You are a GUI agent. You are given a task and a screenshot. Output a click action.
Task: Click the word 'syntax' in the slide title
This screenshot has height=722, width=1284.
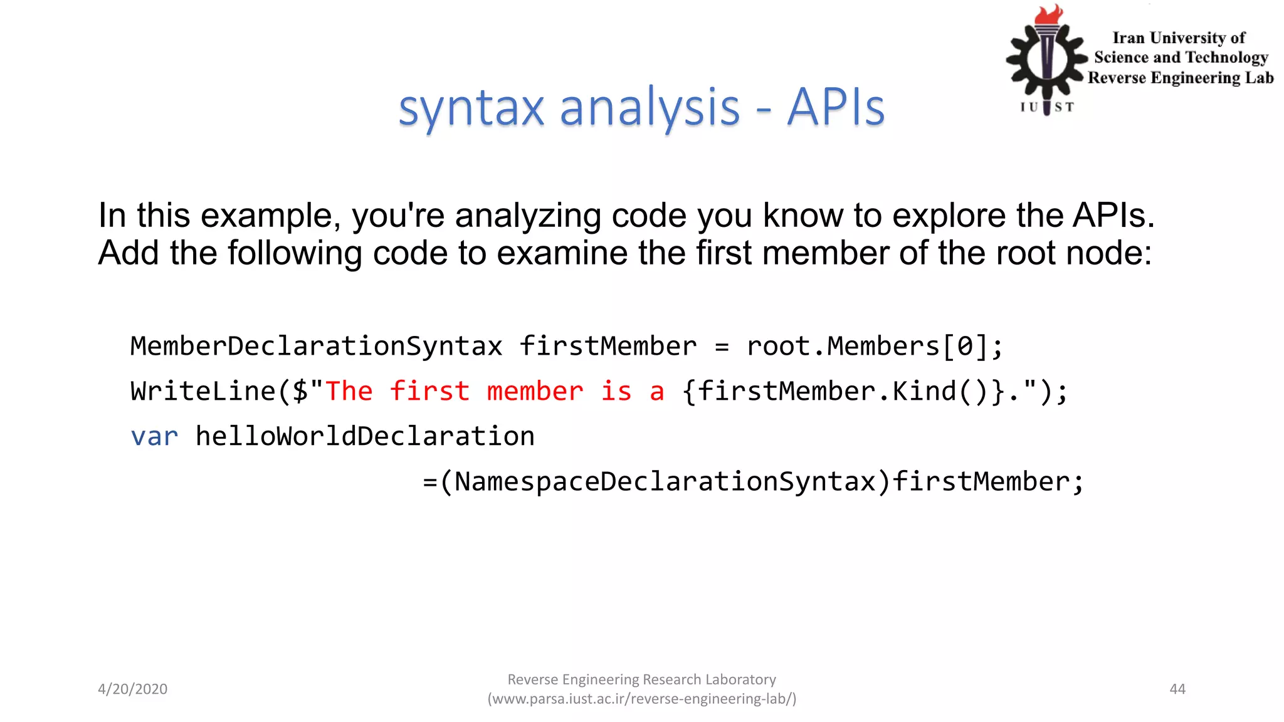click(x=471, y=108)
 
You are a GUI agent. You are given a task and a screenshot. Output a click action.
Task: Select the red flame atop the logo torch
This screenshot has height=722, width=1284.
click(x=1049, y=14)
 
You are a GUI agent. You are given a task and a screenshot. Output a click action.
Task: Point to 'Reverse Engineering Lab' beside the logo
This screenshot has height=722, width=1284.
click(x=1181, y=78)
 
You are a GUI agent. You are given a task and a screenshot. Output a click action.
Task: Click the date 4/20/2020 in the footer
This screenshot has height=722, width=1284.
click(x=132, y=689)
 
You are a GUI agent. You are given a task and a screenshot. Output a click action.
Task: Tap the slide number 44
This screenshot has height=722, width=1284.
click(x=1177, y=689)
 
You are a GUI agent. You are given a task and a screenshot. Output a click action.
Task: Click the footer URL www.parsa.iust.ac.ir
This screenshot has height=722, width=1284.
click(x=641, y=699)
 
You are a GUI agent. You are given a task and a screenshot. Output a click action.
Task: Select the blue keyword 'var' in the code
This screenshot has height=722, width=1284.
click(x=154, y=436)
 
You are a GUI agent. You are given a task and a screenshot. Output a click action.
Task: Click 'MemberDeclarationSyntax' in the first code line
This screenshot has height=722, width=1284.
click(x=316, y=346)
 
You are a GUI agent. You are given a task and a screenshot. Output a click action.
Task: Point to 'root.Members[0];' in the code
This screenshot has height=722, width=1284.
click(x=875, y=346)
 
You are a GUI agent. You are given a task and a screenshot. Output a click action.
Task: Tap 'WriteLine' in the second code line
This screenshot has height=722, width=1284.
click(x=203, y=391)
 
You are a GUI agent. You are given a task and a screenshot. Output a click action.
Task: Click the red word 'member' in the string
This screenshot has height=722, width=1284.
click(x=535, y=391)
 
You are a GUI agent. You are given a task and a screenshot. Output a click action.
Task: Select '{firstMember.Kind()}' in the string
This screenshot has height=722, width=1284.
click(x=844, y=391)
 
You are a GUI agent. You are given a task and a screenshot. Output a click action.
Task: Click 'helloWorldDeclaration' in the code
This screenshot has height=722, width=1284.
click(x=365, y=436)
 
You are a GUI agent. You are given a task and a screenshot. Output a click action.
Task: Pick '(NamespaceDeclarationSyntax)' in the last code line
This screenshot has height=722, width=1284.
click(x=665, y=481)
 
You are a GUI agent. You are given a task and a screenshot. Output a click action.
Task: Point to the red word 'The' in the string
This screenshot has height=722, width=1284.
click(x=349, y=391)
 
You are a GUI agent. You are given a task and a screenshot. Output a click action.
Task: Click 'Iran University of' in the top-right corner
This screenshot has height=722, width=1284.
click(x=1179, y=38)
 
